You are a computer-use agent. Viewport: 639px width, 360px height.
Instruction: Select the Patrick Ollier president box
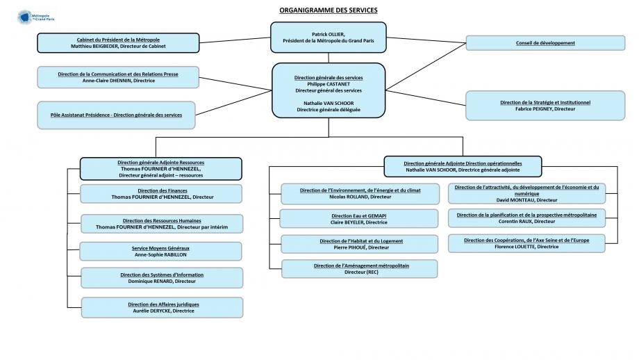coord(328,38)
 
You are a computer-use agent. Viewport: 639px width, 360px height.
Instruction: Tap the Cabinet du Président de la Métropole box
coord(118,43)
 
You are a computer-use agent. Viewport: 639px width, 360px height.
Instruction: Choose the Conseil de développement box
coord(545,43)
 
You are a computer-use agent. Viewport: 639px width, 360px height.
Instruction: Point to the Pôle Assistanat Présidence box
coord(116,115)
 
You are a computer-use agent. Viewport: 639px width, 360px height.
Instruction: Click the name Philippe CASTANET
coord(329,84)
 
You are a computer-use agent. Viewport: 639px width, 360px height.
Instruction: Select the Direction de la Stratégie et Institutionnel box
coord(545,105)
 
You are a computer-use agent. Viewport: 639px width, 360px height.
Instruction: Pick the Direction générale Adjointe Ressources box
coord(160,169)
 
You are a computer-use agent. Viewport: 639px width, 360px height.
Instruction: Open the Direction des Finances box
coord(162,194)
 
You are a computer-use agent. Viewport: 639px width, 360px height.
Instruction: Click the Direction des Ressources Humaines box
coord(161,224)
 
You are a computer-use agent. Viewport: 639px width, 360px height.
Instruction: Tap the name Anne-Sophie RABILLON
coord(160,254)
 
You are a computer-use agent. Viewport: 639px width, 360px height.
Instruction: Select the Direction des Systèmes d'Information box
coord(162,278)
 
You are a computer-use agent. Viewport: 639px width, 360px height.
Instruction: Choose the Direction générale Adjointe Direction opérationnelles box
coord(463,166)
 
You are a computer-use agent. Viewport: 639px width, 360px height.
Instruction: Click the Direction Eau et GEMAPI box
coord(358,219)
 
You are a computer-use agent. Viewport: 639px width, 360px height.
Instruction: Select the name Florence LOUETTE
coord(526,247)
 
